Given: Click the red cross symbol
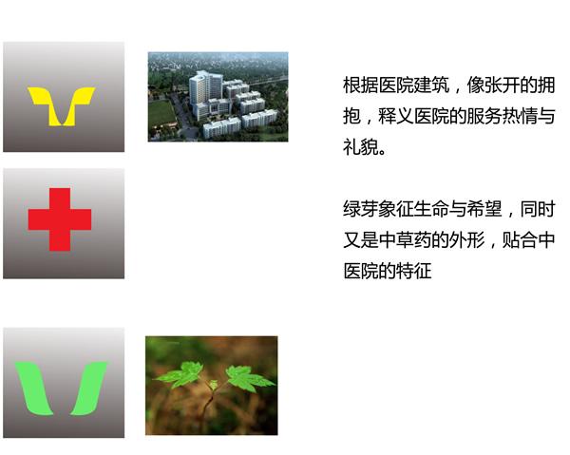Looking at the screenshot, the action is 60,219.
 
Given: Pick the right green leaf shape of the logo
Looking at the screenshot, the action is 89,389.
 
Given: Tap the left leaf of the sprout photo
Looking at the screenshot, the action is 180,375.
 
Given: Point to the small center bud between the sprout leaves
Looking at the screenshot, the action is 214,385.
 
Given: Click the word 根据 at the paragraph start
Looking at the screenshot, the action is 360,85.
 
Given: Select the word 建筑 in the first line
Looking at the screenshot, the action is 430,85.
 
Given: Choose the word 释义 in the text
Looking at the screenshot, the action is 395,116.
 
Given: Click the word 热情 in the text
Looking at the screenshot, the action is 520,116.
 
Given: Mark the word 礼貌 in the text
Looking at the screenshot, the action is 360,147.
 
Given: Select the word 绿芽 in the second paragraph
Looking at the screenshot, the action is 360,209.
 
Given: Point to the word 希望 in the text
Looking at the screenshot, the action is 484,209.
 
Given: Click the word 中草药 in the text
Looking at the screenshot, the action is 405,240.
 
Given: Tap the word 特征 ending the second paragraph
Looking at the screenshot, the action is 413,271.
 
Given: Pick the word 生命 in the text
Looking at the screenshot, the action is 430,209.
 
